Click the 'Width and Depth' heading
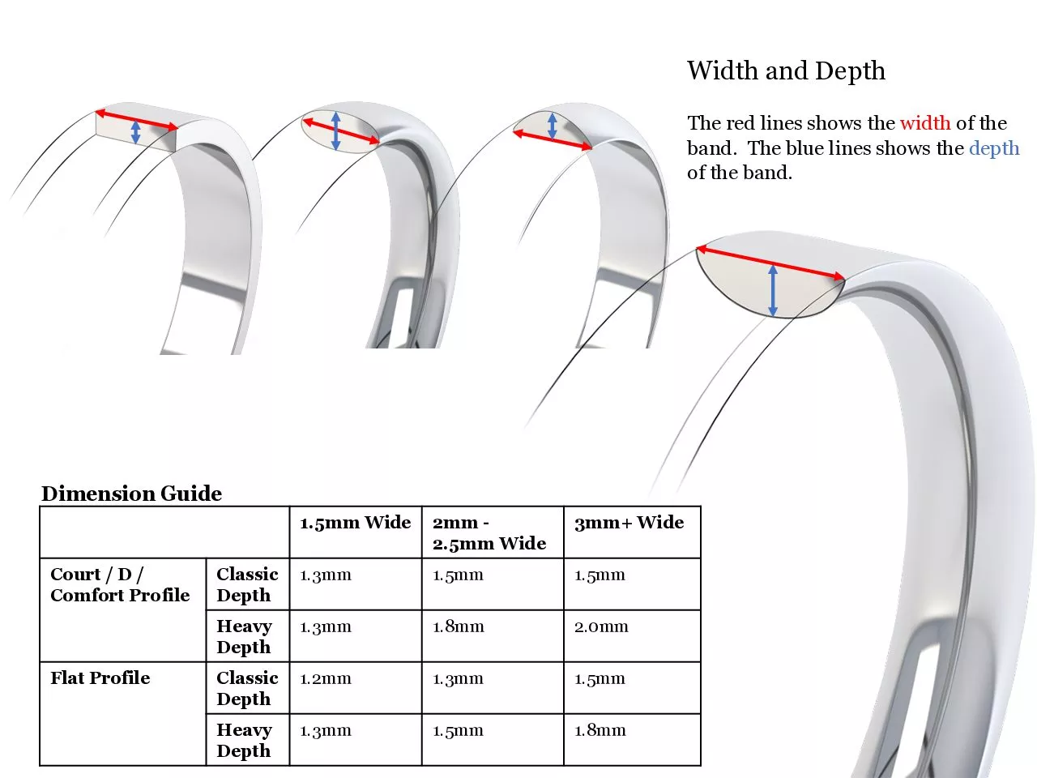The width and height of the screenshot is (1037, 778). pyautogui.click(x=786, y=71)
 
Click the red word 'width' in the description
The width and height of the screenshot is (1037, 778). pyautogui.click(x=925, y=123)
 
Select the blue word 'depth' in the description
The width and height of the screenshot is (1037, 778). pyautogui.click(x=994, y=149)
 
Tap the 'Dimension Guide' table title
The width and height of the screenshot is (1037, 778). pyautogui.click(x=132, y=494)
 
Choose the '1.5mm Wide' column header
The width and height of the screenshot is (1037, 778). pyautogui.click(x=356, y=523)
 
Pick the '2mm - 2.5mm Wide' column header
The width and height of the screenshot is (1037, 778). pyautogui.click(x=489, y=532)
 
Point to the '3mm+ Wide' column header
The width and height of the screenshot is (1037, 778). pyautogui.click(x=629, y=523)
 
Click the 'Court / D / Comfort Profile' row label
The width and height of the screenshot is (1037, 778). pyautogui.click(x=120, y=585)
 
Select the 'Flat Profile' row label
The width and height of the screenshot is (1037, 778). pyautogui.click(x=100, y=678)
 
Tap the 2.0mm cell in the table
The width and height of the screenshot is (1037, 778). pyautogui.click(x=601, y=626)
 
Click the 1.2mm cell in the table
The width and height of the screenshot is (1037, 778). pyautogui.click(x=326, y=679)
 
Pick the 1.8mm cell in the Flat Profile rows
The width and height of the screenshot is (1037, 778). pyautogui.click(x=600, y=731)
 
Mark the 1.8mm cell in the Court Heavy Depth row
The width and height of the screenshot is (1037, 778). pyautogui.click(x=459, y=626)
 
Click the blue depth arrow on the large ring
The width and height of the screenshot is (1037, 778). pyautogui.click(x=773, y=290)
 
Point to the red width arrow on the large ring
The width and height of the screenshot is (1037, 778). pyautogui.click(x=771, y=263)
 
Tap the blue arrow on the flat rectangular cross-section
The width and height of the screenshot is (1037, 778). pyautogui.click(x=135, y=132)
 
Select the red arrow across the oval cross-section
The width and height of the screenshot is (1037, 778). pyautogui.click(x=340, y=130)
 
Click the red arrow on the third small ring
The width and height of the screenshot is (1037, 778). pyautogui.click(x=553, y=140)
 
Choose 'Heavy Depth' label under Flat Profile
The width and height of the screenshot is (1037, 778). pyautogui.click(x=244, y=740)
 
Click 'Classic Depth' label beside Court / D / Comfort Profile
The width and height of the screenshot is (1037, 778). pyautogui.click(x=248, y=585)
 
